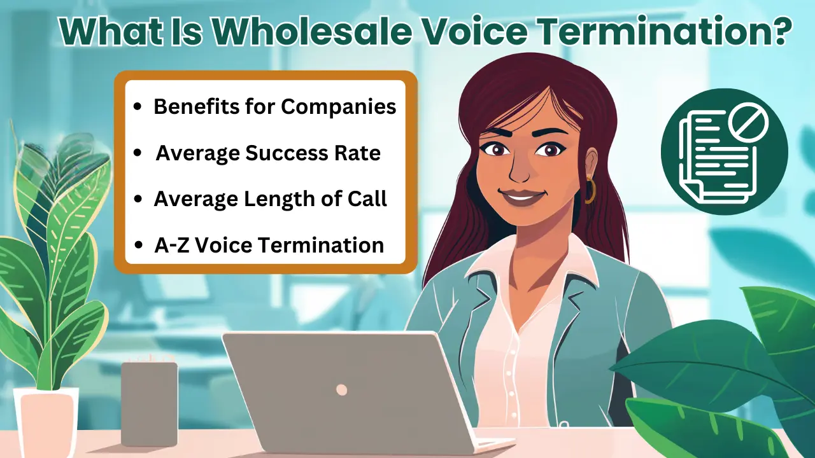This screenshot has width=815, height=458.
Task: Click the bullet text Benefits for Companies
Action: [275, 107]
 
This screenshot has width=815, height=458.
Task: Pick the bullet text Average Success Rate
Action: [268, 153]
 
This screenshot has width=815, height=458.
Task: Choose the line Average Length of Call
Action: [270, 199]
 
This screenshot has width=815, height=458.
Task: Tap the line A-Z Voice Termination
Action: [269, 245]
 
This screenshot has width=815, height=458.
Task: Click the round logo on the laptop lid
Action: [341, 390]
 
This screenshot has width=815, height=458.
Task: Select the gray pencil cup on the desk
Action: [149, 404]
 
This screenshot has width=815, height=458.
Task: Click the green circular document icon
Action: [725, 151]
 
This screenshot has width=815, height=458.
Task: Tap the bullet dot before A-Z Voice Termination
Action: [138, 246]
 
